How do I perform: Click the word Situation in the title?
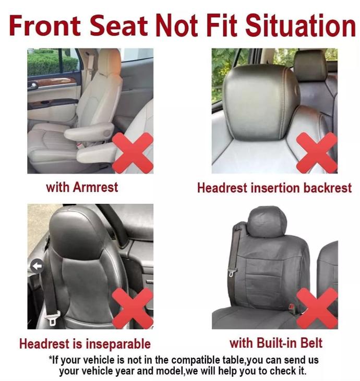click(301, 26)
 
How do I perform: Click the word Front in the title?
click(45, 26)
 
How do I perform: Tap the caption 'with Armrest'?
click(82, 187)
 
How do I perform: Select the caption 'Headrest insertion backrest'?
click(274, 188)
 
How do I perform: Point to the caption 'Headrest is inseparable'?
click(85, 344)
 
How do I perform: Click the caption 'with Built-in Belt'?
click(276, 343)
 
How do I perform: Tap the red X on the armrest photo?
click(133, 153)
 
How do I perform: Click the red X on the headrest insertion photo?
click(317, 153)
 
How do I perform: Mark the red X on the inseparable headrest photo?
click(133, 309)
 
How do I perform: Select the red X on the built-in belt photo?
click(317, 309)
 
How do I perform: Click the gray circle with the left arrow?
click(37, 266)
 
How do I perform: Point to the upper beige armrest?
click(89, 131)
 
